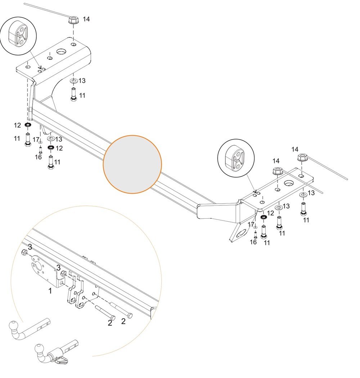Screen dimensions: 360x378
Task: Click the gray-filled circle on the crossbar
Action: (x=132, y=164)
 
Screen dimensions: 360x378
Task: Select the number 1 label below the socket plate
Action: (x=50, y=291)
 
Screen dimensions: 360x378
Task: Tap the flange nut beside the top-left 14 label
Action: (x=72, y=20)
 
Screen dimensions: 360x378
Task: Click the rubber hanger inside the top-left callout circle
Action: (x=18, y=36)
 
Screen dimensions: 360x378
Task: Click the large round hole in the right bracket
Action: (x=289, y=183)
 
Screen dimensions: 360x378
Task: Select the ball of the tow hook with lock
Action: (x=39, y=348)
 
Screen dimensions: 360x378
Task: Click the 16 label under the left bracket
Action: (x=38, y=157)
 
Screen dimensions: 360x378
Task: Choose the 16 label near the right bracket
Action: (x=253, y=242)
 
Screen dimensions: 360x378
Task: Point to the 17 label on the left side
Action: (x=36, y=140)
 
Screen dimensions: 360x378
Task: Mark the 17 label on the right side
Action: (x=251, y=225)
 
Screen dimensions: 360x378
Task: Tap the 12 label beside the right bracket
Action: (x=270, y=213)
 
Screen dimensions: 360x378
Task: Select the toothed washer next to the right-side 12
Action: (x=264, y=217)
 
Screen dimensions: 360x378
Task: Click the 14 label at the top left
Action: (x=86, y=19)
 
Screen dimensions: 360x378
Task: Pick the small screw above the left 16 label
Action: (x=40, y=150)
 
